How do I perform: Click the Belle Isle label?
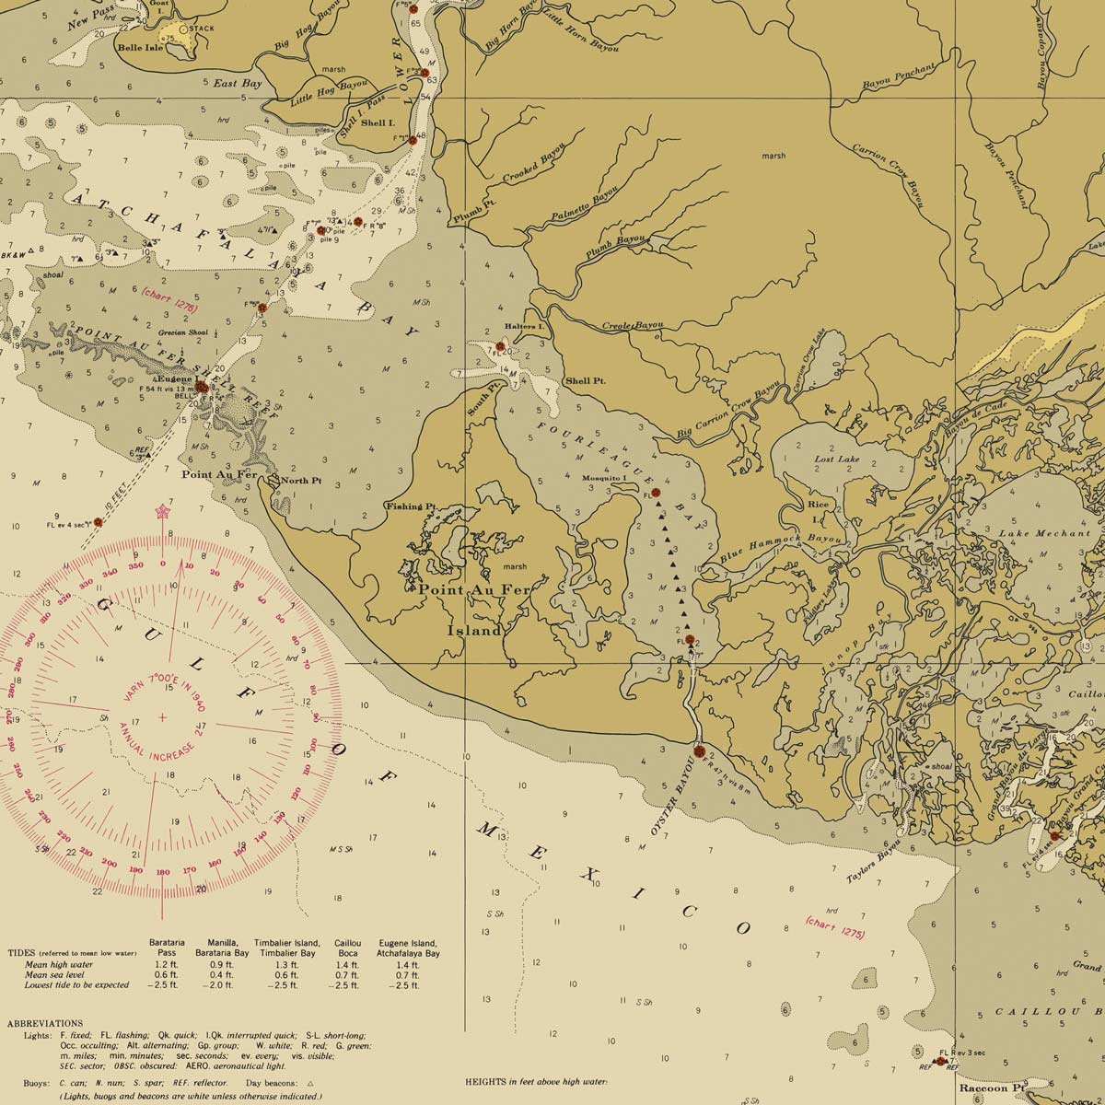tap(140, 47)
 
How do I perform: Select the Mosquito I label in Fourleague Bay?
tap(605, 478)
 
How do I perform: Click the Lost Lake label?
tap(836, 459)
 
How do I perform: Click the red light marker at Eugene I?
tap(201, 389)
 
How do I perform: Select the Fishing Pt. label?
tap(411, 506)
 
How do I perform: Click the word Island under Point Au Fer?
tap(475, 631)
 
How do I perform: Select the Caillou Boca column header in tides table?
tap(346, 949)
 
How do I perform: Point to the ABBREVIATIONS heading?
tap(45, 1023)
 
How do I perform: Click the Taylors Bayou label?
tap(876, 865)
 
